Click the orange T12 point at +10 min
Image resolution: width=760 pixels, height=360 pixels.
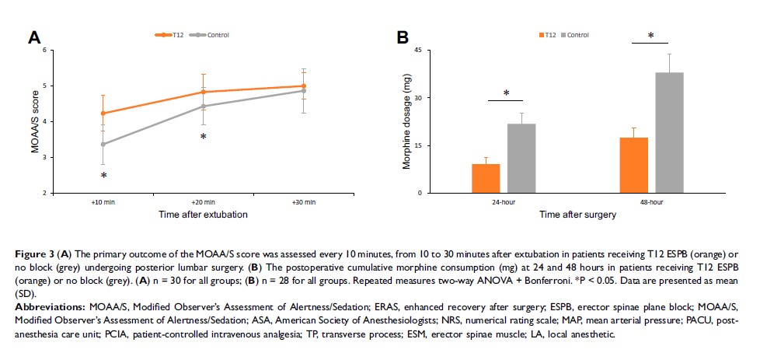pyautogui.click(x=104, y=114)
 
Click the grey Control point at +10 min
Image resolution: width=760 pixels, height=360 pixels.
pyautogui.click(x=104, y=144)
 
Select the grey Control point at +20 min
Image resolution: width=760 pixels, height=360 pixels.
pyautogui.click(x=204, y=107)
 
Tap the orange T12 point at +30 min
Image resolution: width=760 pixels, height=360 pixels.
pyautogui.click(x=303, y=86)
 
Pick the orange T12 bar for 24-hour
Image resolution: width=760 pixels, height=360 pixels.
pyautogui.click(x=486, y=179)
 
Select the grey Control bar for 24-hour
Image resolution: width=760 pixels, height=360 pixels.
pyautogui.click(x=521, y=159)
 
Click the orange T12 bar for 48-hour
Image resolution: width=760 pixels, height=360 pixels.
pyautogui.click(x=633, y=166)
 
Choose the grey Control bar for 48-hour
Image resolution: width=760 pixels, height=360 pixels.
pyautogui.click(x=669, y=133)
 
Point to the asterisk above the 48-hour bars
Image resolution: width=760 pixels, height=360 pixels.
pyautogui.click(x=651, y=37)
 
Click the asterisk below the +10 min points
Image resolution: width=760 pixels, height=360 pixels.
pyautogui.click(x=104, y=177)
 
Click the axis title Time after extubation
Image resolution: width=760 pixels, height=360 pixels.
pyautogui.click(x=204, y=214)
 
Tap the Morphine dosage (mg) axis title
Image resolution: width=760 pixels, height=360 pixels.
pyautogui.click(x=406, y=122)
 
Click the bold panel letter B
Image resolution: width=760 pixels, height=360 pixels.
pyautogui.click(x=403, y=37)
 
